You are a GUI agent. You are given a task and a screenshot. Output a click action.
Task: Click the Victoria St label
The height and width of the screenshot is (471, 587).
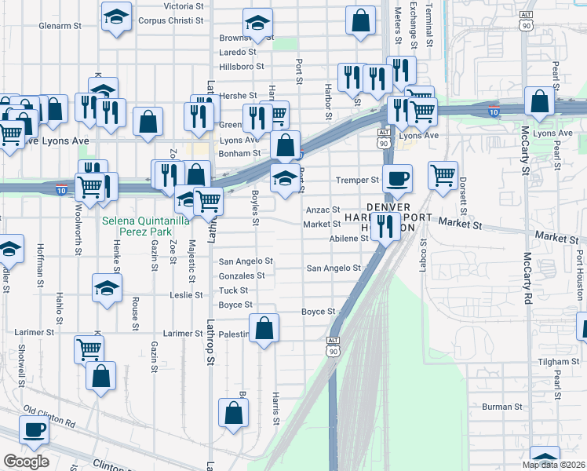(184, 5)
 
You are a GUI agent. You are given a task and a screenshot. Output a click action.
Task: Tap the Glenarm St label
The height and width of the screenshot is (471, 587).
(60, 26)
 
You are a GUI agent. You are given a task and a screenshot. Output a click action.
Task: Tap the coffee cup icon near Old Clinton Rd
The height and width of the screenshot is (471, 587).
(34, 429)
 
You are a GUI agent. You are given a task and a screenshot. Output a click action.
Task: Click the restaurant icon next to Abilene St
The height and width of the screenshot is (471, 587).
(385, 228)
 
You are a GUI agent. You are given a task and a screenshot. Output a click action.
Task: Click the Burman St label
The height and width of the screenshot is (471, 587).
(501, 407)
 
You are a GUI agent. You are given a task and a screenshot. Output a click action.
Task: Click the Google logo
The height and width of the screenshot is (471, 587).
(26, 461)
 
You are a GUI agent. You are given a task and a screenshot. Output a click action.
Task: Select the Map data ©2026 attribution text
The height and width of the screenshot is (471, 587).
(553, 465)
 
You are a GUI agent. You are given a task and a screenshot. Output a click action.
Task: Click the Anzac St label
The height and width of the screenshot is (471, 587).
(323, 210)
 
